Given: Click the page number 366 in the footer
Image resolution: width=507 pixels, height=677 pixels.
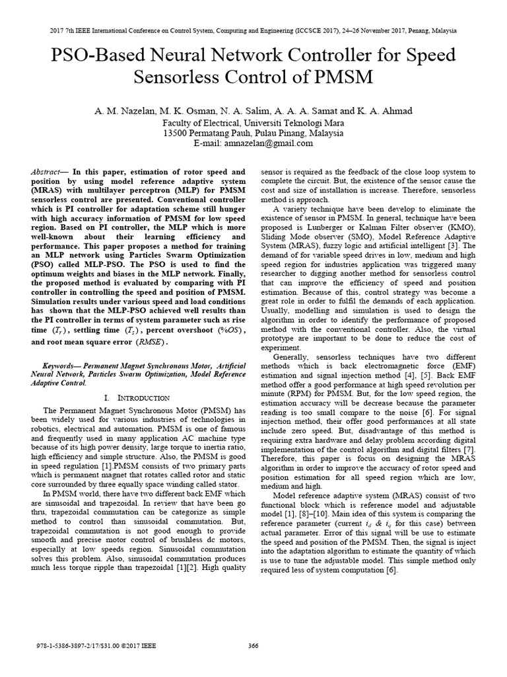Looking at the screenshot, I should [x=253, y=647].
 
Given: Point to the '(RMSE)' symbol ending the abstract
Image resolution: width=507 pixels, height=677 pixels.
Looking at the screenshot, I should [x=152, y=342].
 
